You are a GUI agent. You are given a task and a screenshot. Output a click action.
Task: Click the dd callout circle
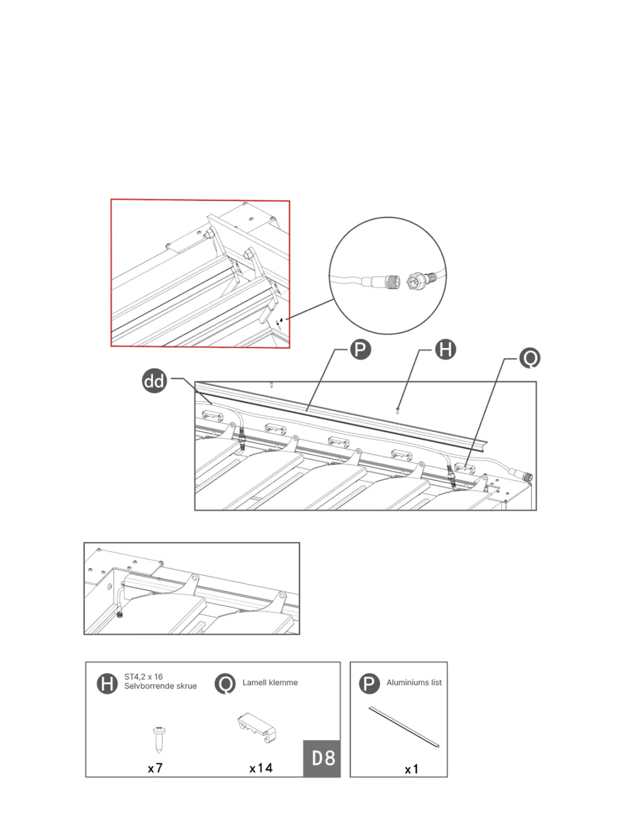154,382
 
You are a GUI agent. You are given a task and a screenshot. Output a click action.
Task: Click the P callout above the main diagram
360,350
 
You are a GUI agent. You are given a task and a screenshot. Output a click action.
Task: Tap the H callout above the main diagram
445,350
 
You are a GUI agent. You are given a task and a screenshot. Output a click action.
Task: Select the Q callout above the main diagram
529,358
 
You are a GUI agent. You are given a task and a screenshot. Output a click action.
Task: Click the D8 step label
323,758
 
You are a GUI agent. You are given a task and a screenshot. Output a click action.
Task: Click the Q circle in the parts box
225,684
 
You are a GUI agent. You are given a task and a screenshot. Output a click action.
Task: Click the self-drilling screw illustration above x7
159,739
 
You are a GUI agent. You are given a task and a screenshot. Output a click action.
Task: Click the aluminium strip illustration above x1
404,727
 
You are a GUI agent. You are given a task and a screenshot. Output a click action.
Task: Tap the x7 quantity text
155,768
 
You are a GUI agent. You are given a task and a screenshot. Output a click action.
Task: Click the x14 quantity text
261,768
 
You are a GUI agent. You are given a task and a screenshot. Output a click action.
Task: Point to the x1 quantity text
412,769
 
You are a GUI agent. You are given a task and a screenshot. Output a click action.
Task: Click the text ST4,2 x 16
144,677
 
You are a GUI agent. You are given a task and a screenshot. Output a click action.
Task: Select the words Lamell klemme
270,683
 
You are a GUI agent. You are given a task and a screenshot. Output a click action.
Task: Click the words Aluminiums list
414,683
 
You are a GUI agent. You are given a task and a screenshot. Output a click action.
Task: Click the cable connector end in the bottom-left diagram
120,615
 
